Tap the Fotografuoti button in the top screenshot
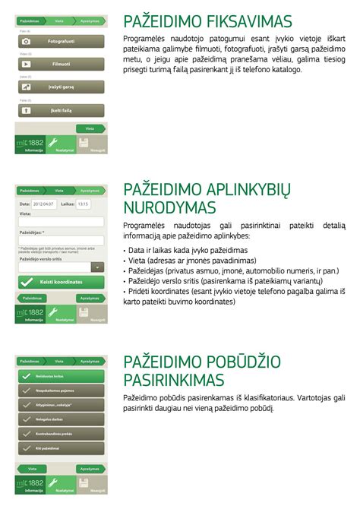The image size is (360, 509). [61, 40]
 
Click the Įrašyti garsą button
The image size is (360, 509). [61, 88]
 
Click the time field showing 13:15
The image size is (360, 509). [83, 204]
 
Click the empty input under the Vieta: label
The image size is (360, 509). [61, 222]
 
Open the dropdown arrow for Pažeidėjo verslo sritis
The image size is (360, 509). [97, 267]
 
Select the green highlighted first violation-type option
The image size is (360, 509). [61, 377]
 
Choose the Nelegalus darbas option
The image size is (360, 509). [61, 419]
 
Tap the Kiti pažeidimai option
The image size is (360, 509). [61, 448]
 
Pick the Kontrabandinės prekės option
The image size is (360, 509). [61, 434]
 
